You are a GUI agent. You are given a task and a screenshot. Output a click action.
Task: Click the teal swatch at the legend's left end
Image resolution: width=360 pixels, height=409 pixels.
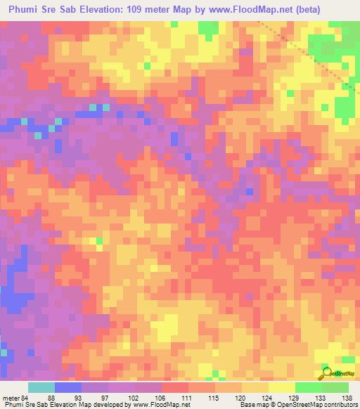41,388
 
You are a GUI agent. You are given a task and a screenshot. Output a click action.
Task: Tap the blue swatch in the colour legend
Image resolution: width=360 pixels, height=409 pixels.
68,388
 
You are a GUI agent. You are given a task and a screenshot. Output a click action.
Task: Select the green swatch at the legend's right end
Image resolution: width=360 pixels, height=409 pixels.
335,388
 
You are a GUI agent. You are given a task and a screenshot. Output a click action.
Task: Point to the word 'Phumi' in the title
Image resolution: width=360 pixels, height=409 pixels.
25,10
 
